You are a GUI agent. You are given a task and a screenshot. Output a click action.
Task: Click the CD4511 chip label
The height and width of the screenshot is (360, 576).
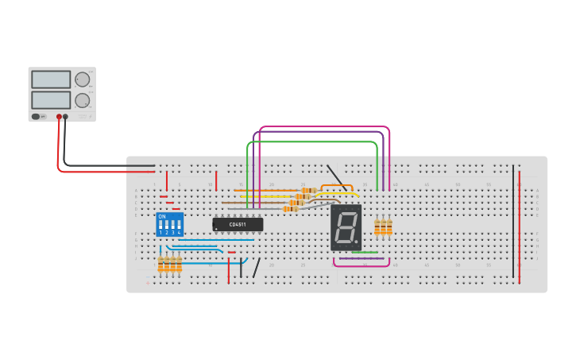[x=238, y=225]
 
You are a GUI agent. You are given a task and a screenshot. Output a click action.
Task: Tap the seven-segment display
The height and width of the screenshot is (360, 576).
[x=346, y=227]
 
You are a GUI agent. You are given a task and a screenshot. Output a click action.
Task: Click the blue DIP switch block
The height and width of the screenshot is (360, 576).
[x=170, y=225]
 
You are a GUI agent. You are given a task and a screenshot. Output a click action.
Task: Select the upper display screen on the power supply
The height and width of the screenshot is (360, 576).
[x=52, y=79]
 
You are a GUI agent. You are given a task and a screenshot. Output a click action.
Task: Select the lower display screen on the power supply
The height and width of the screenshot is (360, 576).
[x=52, y=100]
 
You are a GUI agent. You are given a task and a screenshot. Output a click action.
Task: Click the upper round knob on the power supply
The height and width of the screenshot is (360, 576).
[x=82, y=79]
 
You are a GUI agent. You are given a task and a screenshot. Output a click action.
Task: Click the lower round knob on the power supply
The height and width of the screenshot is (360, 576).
[x=82, y=101]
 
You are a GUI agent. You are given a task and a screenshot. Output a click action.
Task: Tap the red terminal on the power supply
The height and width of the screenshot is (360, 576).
[x=59, y=117]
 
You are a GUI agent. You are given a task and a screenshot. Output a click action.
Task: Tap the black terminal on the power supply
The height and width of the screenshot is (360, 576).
[x=65, y=117]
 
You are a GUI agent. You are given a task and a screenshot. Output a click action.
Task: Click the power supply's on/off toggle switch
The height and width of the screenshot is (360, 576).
[x=36, y=117]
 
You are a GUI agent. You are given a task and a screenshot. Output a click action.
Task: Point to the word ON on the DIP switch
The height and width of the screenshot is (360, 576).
[x=162, y=216]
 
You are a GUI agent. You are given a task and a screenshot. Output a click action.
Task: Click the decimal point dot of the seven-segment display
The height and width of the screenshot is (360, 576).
[x=357, y=242]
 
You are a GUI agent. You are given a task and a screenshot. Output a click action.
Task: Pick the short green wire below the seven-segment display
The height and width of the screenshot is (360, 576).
[x=365, y=253]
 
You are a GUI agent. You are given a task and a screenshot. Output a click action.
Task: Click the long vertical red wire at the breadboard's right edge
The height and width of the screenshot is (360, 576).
[x=520, y=226]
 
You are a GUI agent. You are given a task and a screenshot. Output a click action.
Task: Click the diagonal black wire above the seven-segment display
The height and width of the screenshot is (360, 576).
[x=336, y=178]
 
